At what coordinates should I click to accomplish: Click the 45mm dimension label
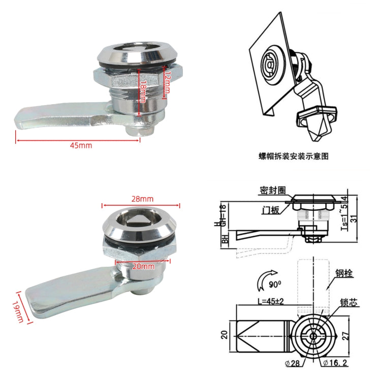(x=81, y=145)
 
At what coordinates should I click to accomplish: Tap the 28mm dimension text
(x=142, y=199)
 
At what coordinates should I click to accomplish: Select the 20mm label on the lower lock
(x=143, y=267)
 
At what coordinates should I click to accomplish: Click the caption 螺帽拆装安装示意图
(x=293, y=156)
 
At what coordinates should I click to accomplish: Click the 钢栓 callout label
(x=344, y=273)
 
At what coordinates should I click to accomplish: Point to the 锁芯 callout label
(x=350, y=301)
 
